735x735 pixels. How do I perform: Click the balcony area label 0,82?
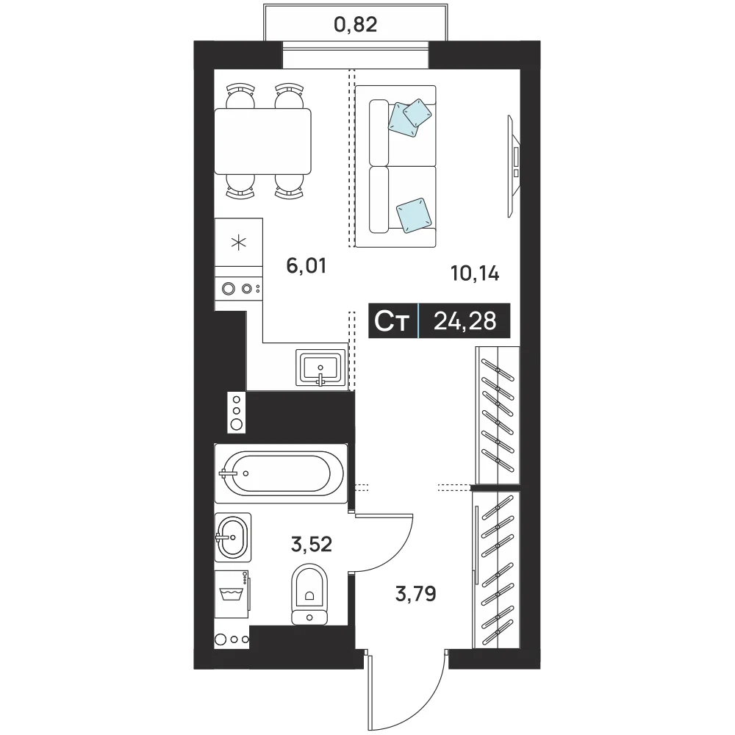tap(355, 24)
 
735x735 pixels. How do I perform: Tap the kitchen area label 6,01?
tap(306, 266)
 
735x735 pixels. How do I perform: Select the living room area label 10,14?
tap(475, 273)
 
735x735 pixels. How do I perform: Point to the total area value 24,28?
tap(465, 321)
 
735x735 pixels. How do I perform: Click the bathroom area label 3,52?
tap(311, 544)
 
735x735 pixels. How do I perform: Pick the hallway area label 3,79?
tap(416, 594)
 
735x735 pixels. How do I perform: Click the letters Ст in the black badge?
tap(392, 322)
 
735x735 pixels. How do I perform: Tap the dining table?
tap(263, 142)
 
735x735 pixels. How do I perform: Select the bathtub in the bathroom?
tap(281, 473)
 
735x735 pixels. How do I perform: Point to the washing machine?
tap(232, 594)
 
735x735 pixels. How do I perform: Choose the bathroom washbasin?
tap(232, 537)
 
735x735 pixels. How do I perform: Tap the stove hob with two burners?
tap(239, 289)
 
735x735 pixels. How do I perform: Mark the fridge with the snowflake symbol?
tap(239, 243)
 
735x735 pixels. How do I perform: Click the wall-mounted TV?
tap(514, 166)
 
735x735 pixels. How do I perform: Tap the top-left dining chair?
tap(240, 97)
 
